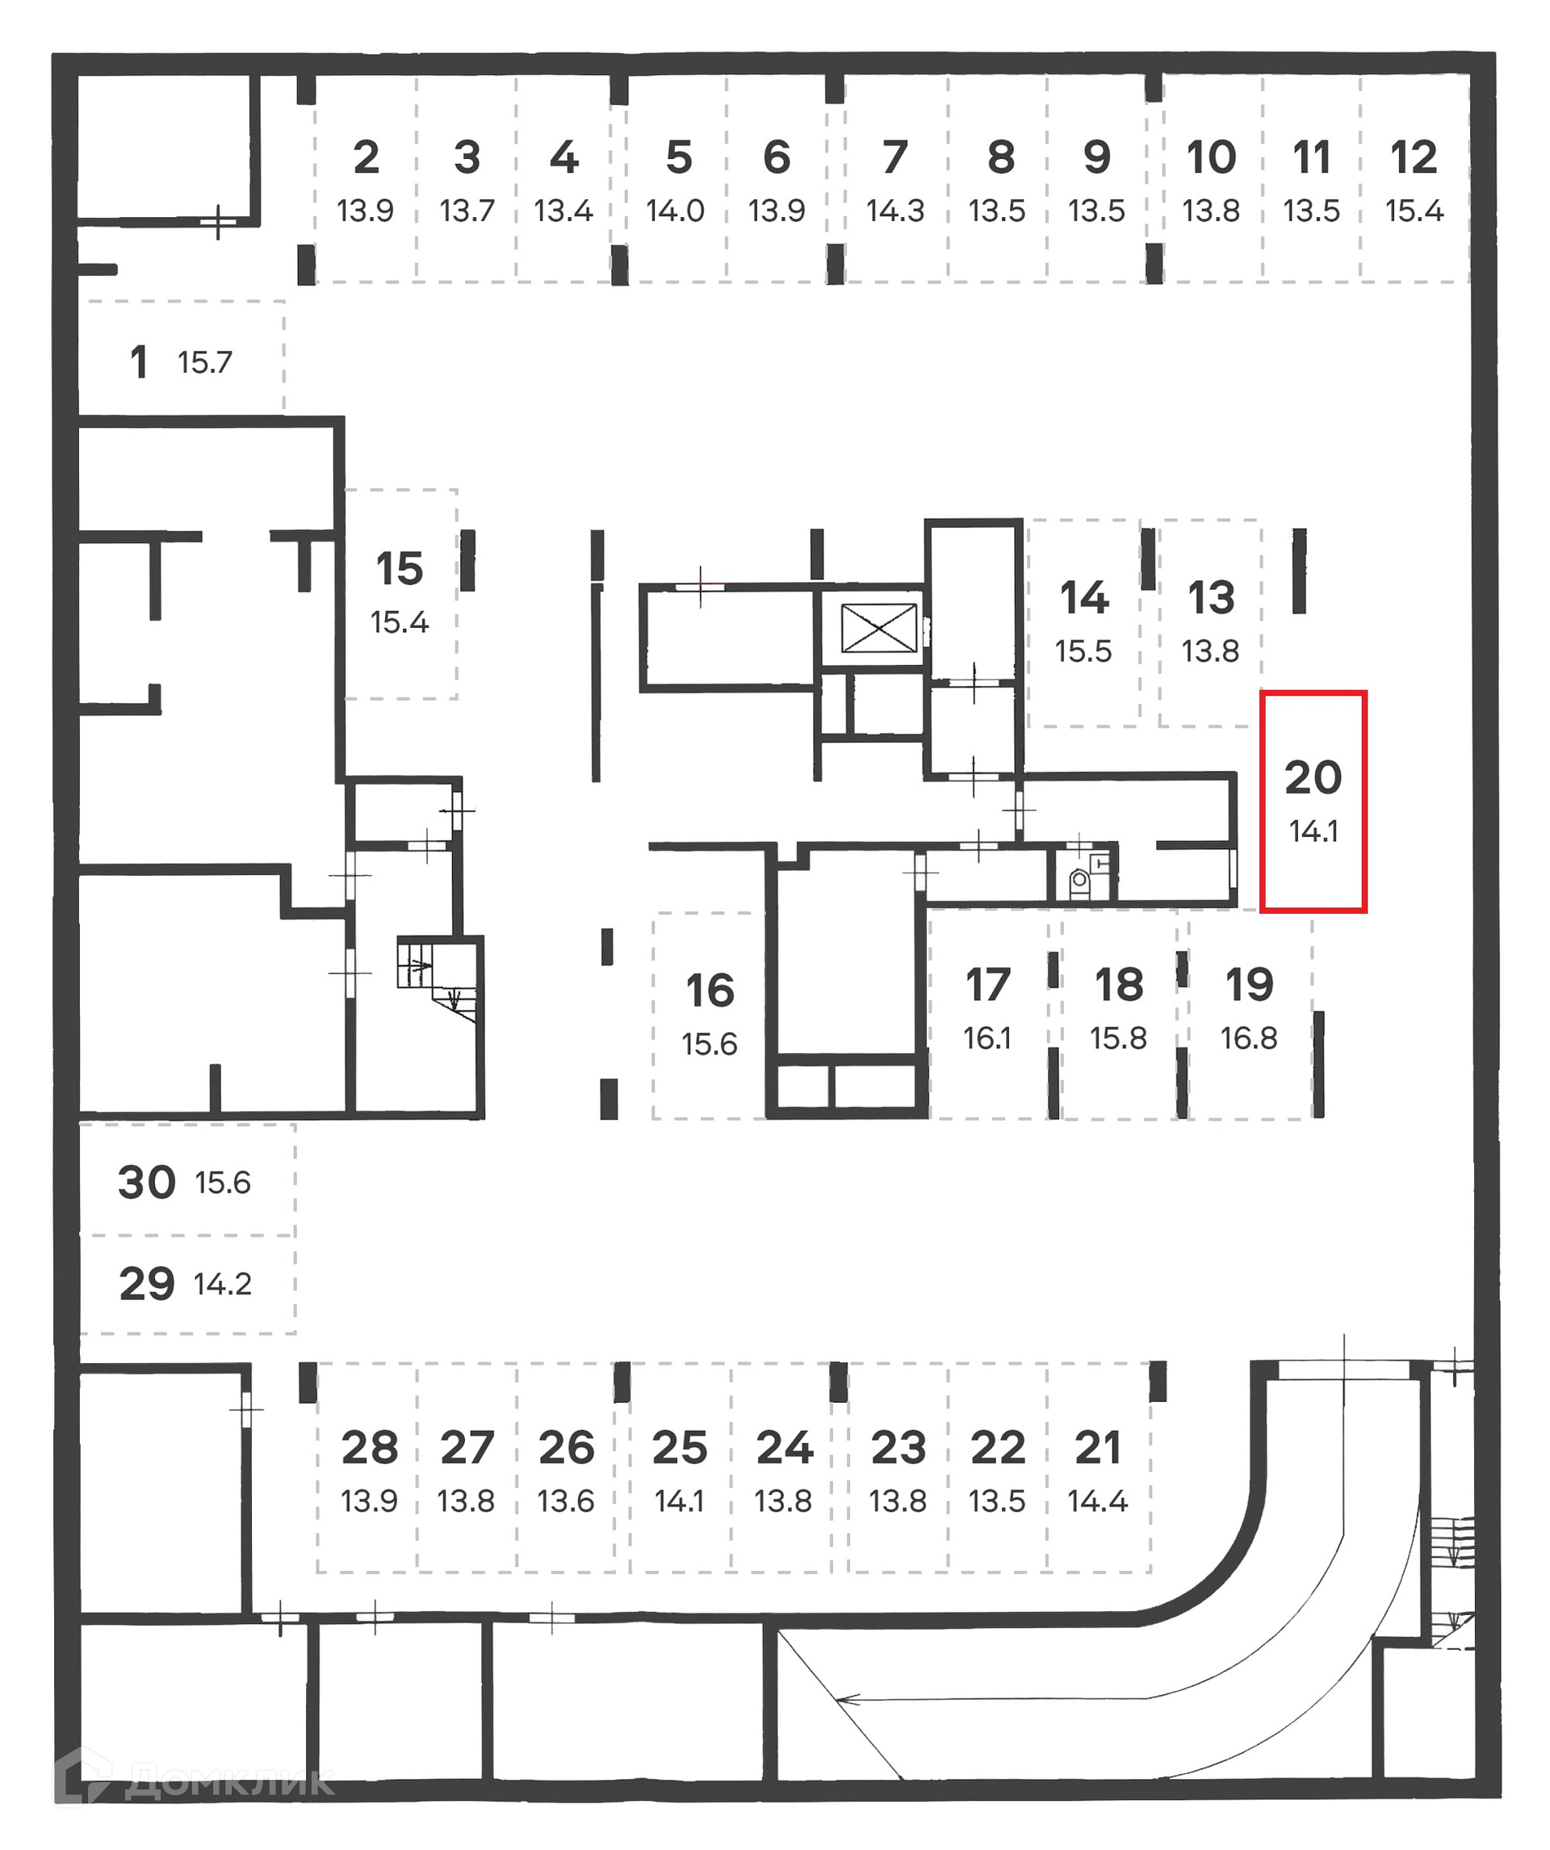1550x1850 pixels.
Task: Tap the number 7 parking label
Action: (894, 157)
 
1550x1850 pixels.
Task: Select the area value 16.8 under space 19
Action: (1248, 1038)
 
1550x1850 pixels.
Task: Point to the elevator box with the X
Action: (878, 628)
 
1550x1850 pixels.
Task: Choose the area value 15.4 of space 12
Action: (1414, 211)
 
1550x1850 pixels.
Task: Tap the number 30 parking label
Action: (147, 1182)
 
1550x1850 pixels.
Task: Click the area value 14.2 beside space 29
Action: (222, 1283)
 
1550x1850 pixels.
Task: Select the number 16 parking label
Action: (710, 990)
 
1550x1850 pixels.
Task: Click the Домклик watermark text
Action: (229, 1783)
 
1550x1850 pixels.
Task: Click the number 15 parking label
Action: (399, 568)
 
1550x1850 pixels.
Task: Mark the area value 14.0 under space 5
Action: (675, 211)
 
